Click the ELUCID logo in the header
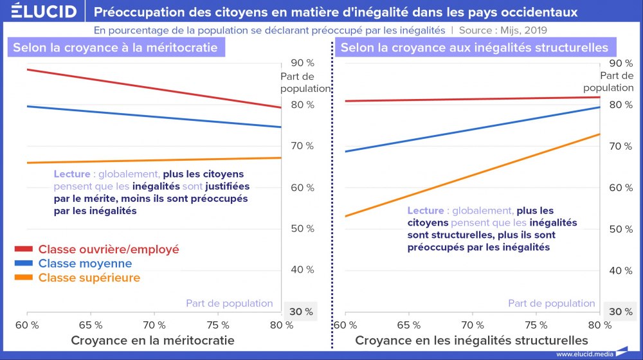pyautogui.click(x=44, y=12)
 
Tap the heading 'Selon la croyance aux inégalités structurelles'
pyautogui.click(x=474, y=48)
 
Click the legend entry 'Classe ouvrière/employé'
pyautogui.click(x=108, y=249)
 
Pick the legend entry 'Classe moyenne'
pyautogui.click(x=85, y=264)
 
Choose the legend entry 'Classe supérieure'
pyautogui.click(x=89, y=278)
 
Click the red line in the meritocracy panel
pyautogui.click(x=154, y=88)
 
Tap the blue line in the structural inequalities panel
pyautogui.click(x=473, y=129)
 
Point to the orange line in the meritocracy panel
pyautogui.click(x=154, y=161)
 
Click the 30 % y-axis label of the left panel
pyautogui.click(x=300, y=312)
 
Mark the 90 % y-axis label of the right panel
pyautogui.click(x=620, y=63)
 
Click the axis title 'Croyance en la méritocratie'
pyautogui.click(x=152, y=340)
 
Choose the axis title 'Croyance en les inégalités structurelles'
pyautogui.click(x=471, y=340)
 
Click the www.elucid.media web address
pyautogui.click(x=584, y=354)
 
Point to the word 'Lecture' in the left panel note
pyautogui.click(x=72, y=174)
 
